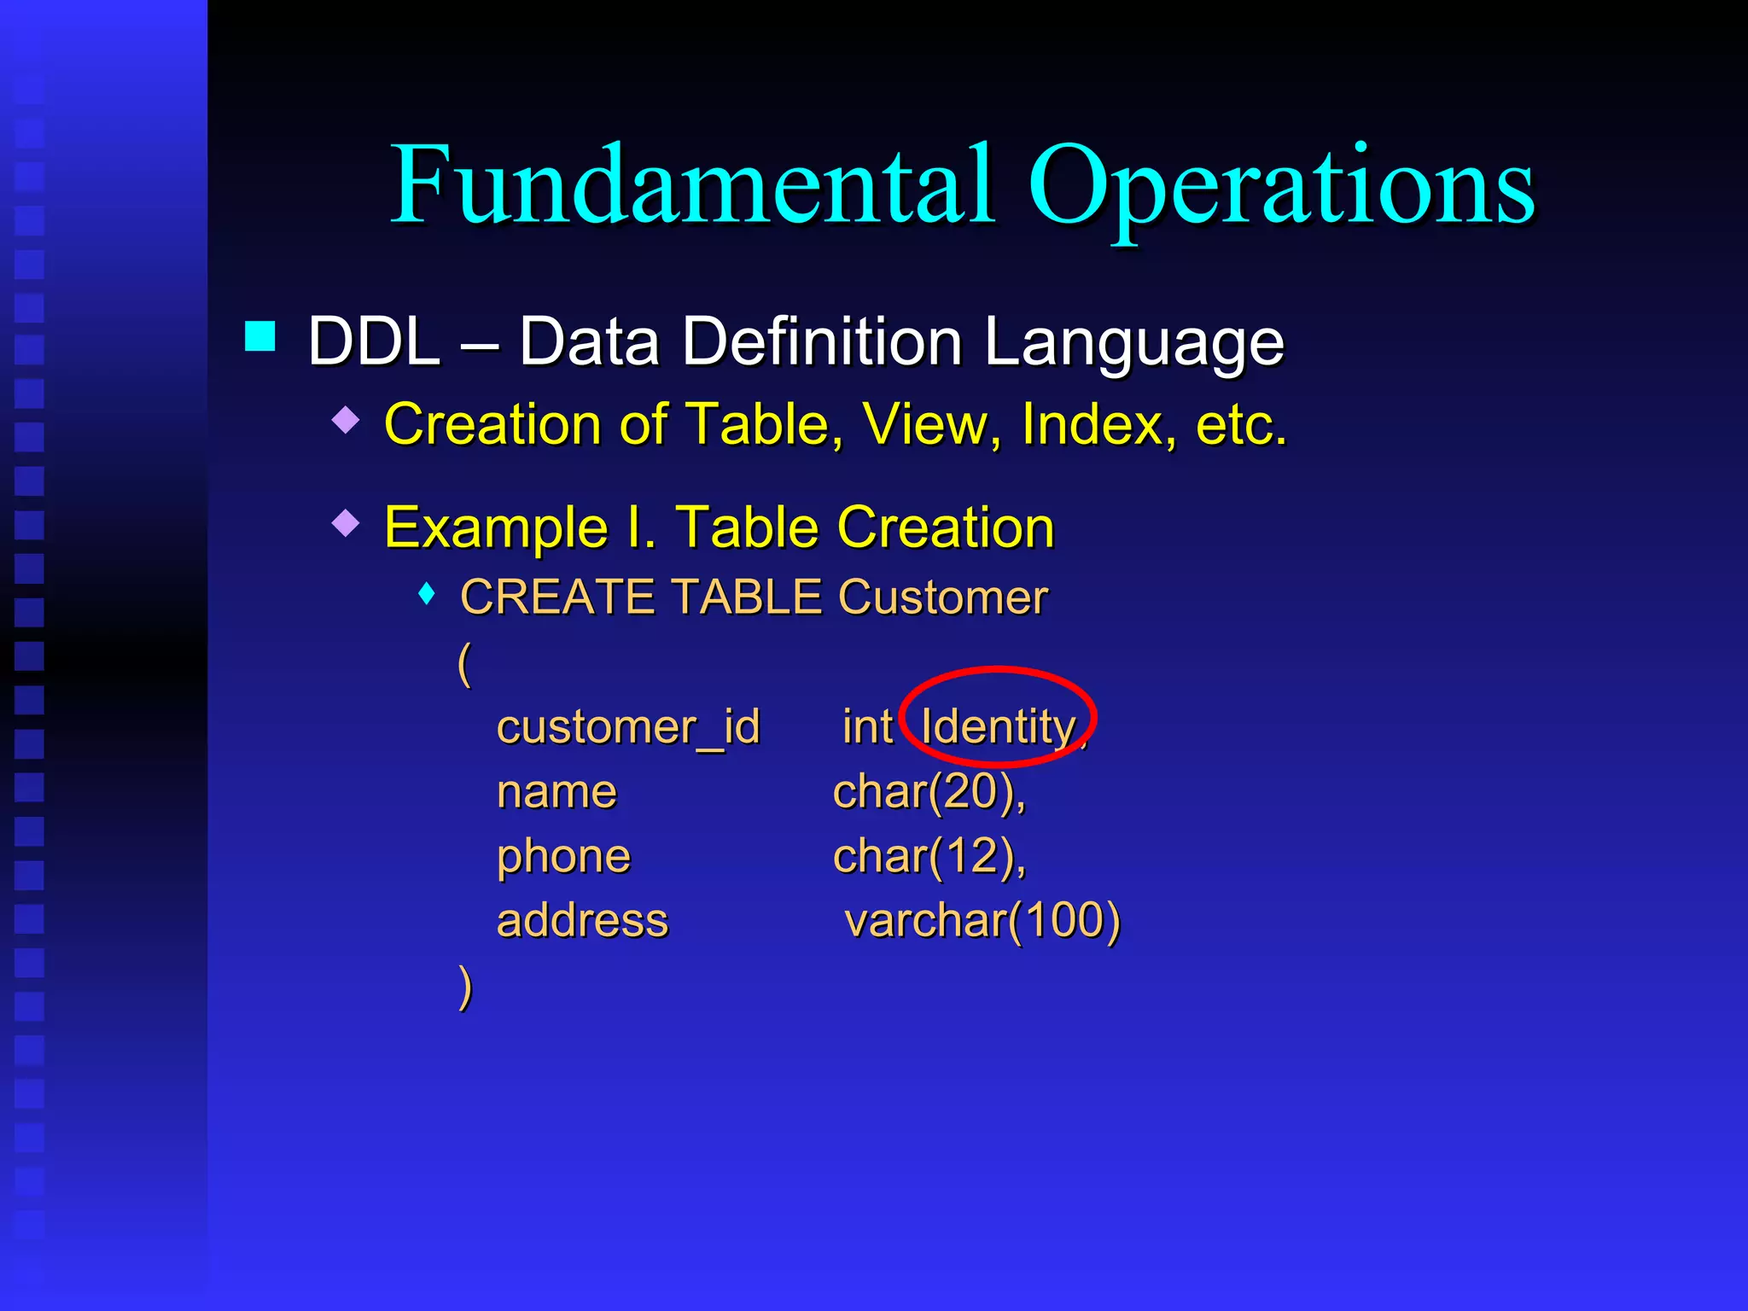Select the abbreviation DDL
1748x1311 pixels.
pos(374,341)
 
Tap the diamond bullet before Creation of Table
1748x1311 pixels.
pos(346,420)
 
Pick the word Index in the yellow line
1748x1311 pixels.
pos(1092,424)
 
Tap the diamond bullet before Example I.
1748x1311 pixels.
pos(346,522)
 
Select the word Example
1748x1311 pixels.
pos(496,528)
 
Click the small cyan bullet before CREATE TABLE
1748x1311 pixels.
pos(428,594)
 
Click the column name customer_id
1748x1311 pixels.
pos(628,728)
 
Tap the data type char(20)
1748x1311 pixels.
pos(929,792)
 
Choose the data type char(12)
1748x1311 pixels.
pos(929,857)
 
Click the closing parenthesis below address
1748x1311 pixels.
pos(465,988)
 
